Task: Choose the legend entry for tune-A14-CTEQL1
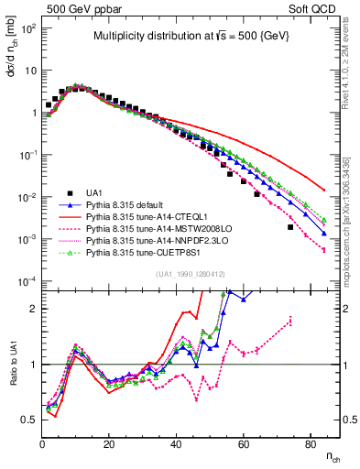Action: click(146, 221)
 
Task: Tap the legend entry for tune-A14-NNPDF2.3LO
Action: click(152, 248)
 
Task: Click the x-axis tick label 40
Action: click(177, 444)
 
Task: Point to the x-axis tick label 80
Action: click(311, 444)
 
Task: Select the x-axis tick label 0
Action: click(43, 444)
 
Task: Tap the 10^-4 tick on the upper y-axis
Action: click(27, 281)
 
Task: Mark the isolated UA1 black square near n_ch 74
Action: click(290, 227)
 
